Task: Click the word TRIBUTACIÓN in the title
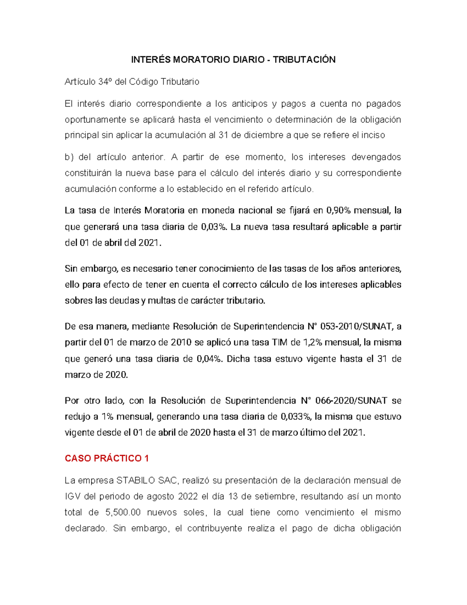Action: click(x=304, y=60)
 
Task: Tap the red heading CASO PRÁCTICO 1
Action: click(x=107, y=458)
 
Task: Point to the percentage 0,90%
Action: click(x=339, y=211)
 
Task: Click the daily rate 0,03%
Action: click(x=214, y=227)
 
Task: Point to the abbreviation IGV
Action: click(x=72, y=497)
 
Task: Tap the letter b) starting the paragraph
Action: click(x=69, y=157)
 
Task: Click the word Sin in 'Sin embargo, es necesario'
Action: click(x=71, y=269)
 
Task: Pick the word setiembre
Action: click(x=275, y=497)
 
